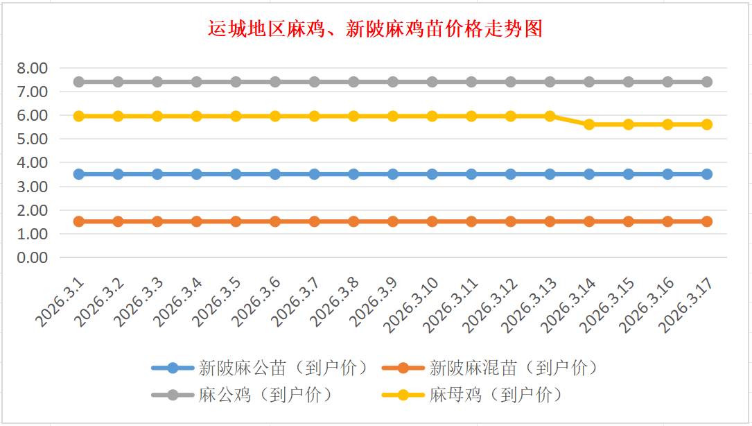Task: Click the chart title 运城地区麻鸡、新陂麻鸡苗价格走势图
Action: [376, 29]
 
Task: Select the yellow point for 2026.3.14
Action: [589, 124]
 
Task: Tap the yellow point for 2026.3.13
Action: [550, 116]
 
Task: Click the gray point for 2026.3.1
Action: [79, 82]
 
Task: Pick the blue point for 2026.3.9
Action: [393, 174]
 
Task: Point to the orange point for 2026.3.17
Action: [707, 221]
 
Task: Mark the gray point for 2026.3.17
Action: [707, 82]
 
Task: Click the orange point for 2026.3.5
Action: [236, 221]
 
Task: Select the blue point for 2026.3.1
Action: [79, 174]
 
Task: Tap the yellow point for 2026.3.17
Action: [707, 124]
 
